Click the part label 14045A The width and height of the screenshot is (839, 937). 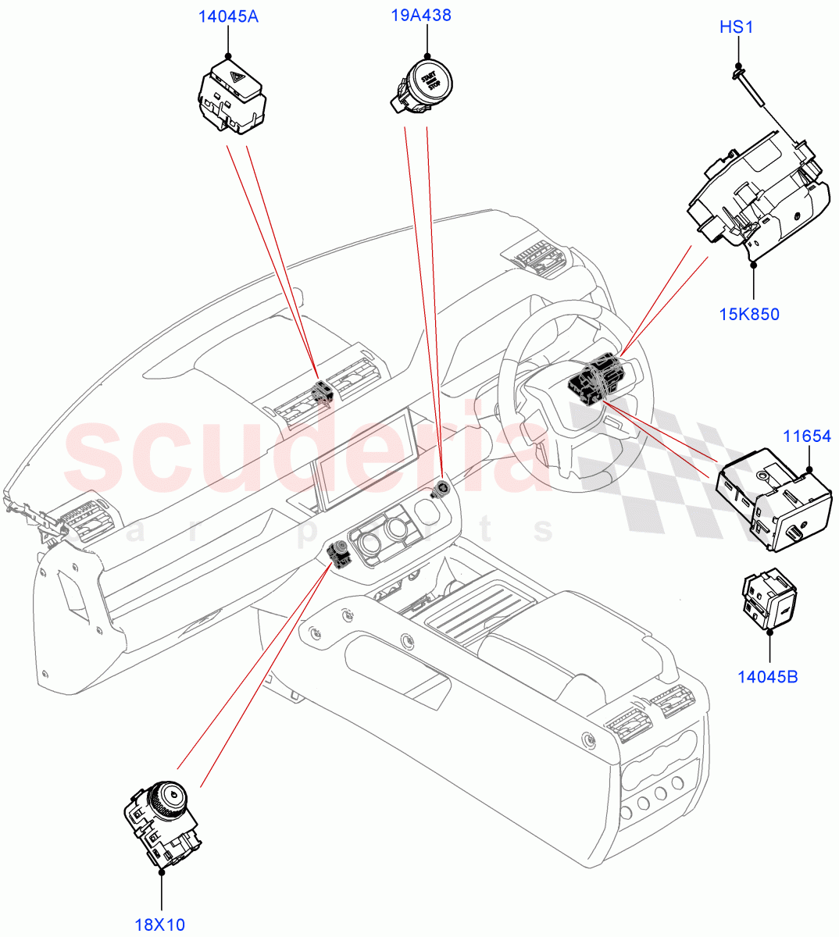click(229, 16)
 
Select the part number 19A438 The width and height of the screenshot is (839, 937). click(421, 15)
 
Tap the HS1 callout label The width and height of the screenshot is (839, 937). click(736, 28)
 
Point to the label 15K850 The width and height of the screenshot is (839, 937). click(749, 315)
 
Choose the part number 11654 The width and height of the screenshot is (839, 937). click(807, 436)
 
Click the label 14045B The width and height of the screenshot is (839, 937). click(768, 676)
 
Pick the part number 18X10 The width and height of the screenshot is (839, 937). click(159, 925)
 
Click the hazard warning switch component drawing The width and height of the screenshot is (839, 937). click(230, 97)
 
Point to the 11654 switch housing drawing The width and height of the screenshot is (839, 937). click(773, 496)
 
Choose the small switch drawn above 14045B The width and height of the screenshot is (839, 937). click(769, 597)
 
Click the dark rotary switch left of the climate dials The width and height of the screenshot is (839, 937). click(340, 552)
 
